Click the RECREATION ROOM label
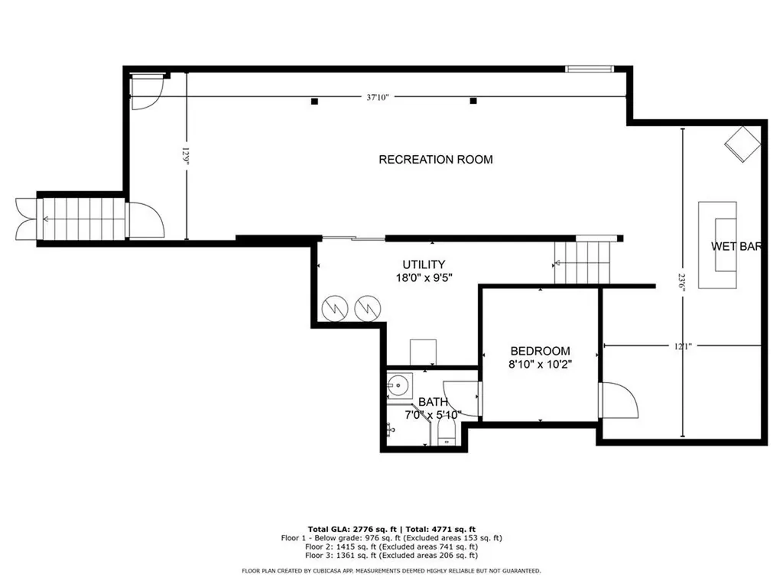[436, 160]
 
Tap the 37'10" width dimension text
[378, 97]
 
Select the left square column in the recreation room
[314, 101]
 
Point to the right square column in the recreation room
[473, 101]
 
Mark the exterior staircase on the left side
[80, 219]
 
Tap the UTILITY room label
[417, 264]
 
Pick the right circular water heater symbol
[367, 307]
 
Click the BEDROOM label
[541, 351]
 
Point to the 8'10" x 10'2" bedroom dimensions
[541, 365]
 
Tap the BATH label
[433, 402]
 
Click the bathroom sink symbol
[398, 386]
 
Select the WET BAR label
[738, 246]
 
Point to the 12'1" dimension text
[682, 346]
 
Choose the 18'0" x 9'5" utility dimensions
[417, 278]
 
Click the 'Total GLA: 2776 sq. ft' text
[349, 529]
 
